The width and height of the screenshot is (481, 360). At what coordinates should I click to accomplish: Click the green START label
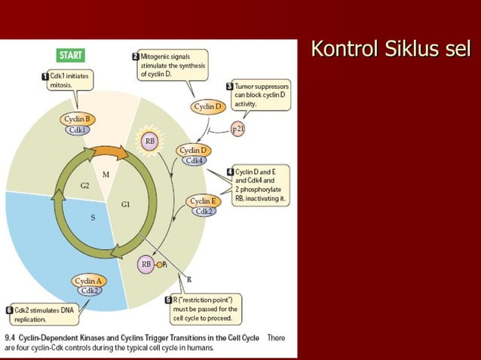tap(71, 56)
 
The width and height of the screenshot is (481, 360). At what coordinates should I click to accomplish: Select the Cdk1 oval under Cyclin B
tap(78, 130)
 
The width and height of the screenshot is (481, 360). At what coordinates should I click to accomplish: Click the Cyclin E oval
tap(201, 201)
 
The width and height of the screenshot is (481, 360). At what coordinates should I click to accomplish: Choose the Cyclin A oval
tap(90, 281)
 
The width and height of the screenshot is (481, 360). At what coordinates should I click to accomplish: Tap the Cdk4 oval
tap(195, 160)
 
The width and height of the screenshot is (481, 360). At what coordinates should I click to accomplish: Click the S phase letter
tap(93, 218)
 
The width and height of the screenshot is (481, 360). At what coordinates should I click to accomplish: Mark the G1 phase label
tap(126, 204)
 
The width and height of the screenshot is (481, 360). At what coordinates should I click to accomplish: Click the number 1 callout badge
tap(44, 77)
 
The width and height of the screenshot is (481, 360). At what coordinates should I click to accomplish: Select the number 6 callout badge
tap(8, 310)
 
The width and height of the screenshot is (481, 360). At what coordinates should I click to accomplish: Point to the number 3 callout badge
tap(229, 86)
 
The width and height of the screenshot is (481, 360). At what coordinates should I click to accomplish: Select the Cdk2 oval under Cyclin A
tap(90, 291)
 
